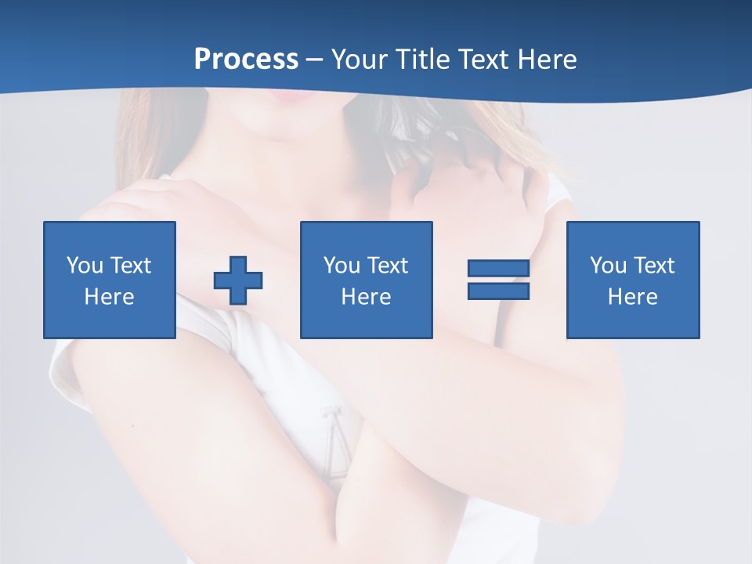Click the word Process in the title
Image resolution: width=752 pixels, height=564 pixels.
point(246,60)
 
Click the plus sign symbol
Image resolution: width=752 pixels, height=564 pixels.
point(238,280)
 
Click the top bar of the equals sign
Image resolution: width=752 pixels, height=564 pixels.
point(498,269)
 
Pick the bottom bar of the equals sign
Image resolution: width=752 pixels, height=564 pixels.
point(498,291)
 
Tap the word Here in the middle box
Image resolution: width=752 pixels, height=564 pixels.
point(366,297)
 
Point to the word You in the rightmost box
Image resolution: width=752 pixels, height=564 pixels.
point(608,266)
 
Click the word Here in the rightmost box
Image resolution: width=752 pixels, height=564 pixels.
point(632,297)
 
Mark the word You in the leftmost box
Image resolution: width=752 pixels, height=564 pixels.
point(85,266)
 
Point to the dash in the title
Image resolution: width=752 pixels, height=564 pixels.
point(315,60)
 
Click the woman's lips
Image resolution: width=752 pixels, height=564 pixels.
point(287,96)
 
